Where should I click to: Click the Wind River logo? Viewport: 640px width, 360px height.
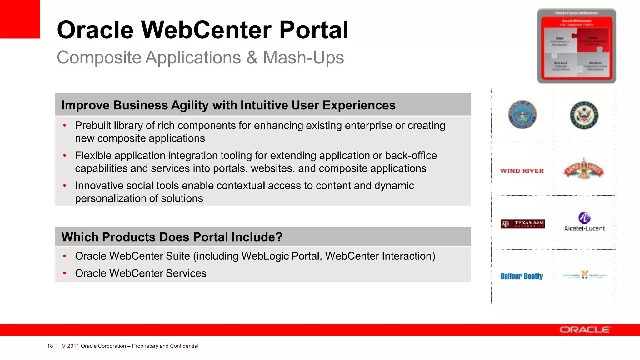[x=522, y=171]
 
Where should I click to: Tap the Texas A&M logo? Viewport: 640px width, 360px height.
[x=523, y=224]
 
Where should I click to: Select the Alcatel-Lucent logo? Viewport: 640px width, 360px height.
[x=584, y=222]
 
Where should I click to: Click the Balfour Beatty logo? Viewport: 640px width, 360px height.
[x=522, y=276]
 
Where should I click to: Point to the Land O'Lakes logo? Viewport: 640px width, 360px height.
[x=584, y=169]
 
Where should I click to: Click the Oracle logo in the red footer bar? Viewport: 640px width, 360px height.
[x=584, y=330]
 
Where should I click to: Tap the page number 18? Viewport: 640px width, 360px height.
[x=50, y=346]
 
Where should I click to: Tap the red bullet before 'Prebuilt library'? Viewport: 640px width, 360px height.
[x=65, y=126]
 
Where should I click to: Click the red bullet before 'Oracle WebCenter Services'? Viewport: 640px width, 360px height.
[x=65, y=273]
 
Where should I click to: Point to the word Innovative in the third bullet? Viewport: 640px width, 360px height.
[x=101, y=186]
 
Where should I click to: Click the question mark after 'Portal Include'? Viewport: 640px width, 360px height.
[x=279, y=237]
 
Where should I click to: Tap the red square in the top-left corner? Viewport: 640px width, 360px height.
[x=20, y=19]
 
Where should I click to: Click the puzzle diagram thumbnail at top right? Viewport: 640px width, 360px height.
[x=577, y=46]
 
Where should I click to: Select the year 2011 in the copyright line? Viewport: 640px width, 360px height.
[x=73, y=346]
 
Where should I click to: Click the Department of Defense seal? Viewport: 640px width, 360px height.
[x=522, y=115]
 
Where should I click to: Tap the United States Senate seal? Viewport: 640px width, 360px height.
[x=584, y=115]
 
